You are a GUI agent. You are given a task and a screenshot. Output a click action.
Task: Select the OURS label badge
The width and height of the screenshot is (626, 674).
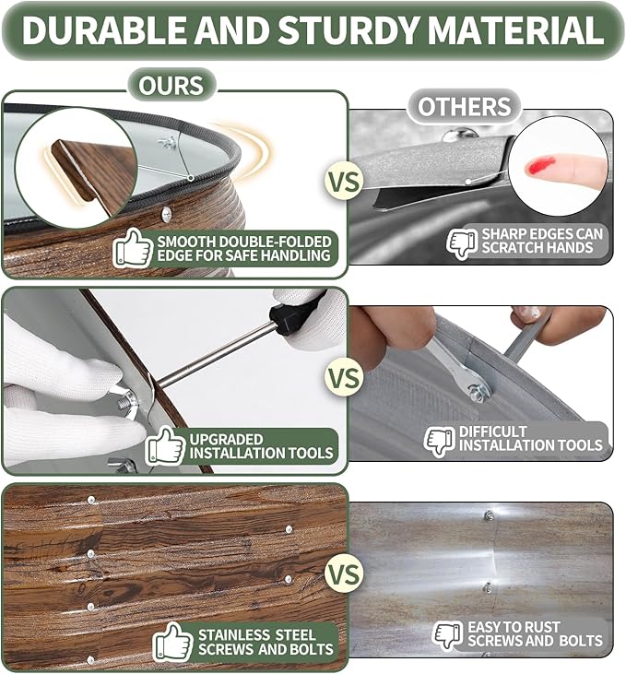pos(171,85)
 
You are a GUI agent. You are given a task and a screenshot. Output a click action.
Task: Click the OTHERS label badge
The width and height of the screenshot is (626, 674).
pos(465,106)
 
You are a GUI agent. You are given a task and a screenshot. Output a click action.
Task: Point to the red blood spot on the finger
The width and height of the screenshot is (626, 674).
pos(540,165)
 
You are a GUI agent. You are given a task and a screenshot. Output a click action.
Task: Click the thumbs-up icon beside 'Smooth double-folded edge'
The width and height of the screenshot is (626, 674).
pos(133,248)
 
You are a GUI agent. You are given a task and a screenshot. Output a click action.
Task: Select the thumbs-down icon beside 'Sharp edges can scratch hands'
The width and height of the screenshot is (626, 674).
pos(462,242)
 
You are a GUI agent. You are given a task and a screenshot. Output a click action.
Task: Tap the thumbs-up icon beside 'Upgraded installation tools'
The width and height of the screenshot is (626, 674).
pos(165,445)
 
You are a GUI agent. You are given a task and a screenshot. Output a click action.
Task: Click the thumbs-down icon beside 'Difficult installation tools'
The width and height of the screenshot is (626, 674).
pos(440,441)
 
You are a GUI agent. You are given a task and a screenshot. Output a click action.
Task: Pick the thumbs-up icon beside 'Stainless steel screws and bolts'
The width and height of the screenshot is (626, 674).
pos(173,643)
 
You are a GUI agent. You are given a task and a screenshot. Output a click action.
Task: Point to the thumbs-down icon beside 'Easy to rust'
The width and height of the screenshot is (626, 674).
pos(447,635)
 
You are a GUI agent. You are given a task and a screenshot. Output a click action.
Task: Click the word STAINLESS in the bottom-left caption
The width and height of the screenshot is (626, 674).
pos(234,635)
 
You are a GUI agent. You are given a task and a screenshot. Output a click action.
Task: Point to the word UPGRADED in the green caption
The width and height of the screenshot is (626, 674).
pos(226,439)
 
